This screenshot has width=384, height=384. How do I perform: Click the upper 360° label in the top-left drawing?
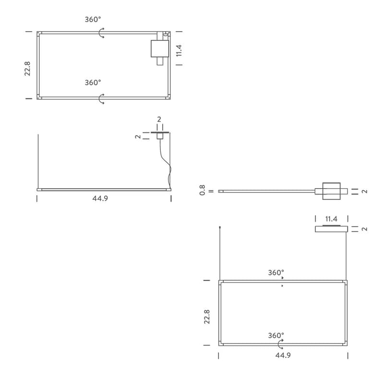[x=93, y=19]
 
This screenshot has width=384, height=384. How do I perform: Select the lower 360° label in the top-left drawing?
[x=93, y=83]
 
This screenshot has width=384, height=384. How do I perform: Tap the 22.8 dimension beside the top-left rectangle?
[x=27, y=69]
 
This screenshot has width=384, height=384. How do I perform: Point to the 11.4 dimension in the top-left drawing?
[x=179, y=50]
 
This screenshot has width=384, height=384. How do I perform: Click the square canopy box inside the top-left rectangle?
[x=160, y=48]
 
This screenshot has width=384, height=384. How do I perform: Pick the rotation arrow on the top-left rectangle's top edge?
[x=101, y=33]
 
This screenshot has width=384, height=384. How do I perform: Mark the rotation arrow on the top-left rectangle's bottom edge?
[x=101, y=99]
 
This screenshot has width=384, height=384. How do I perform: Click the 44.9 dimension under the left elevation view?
[x=100, y=198]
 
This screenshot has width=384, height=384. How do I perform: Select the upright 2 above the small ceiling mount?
[x=159, y=119]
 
